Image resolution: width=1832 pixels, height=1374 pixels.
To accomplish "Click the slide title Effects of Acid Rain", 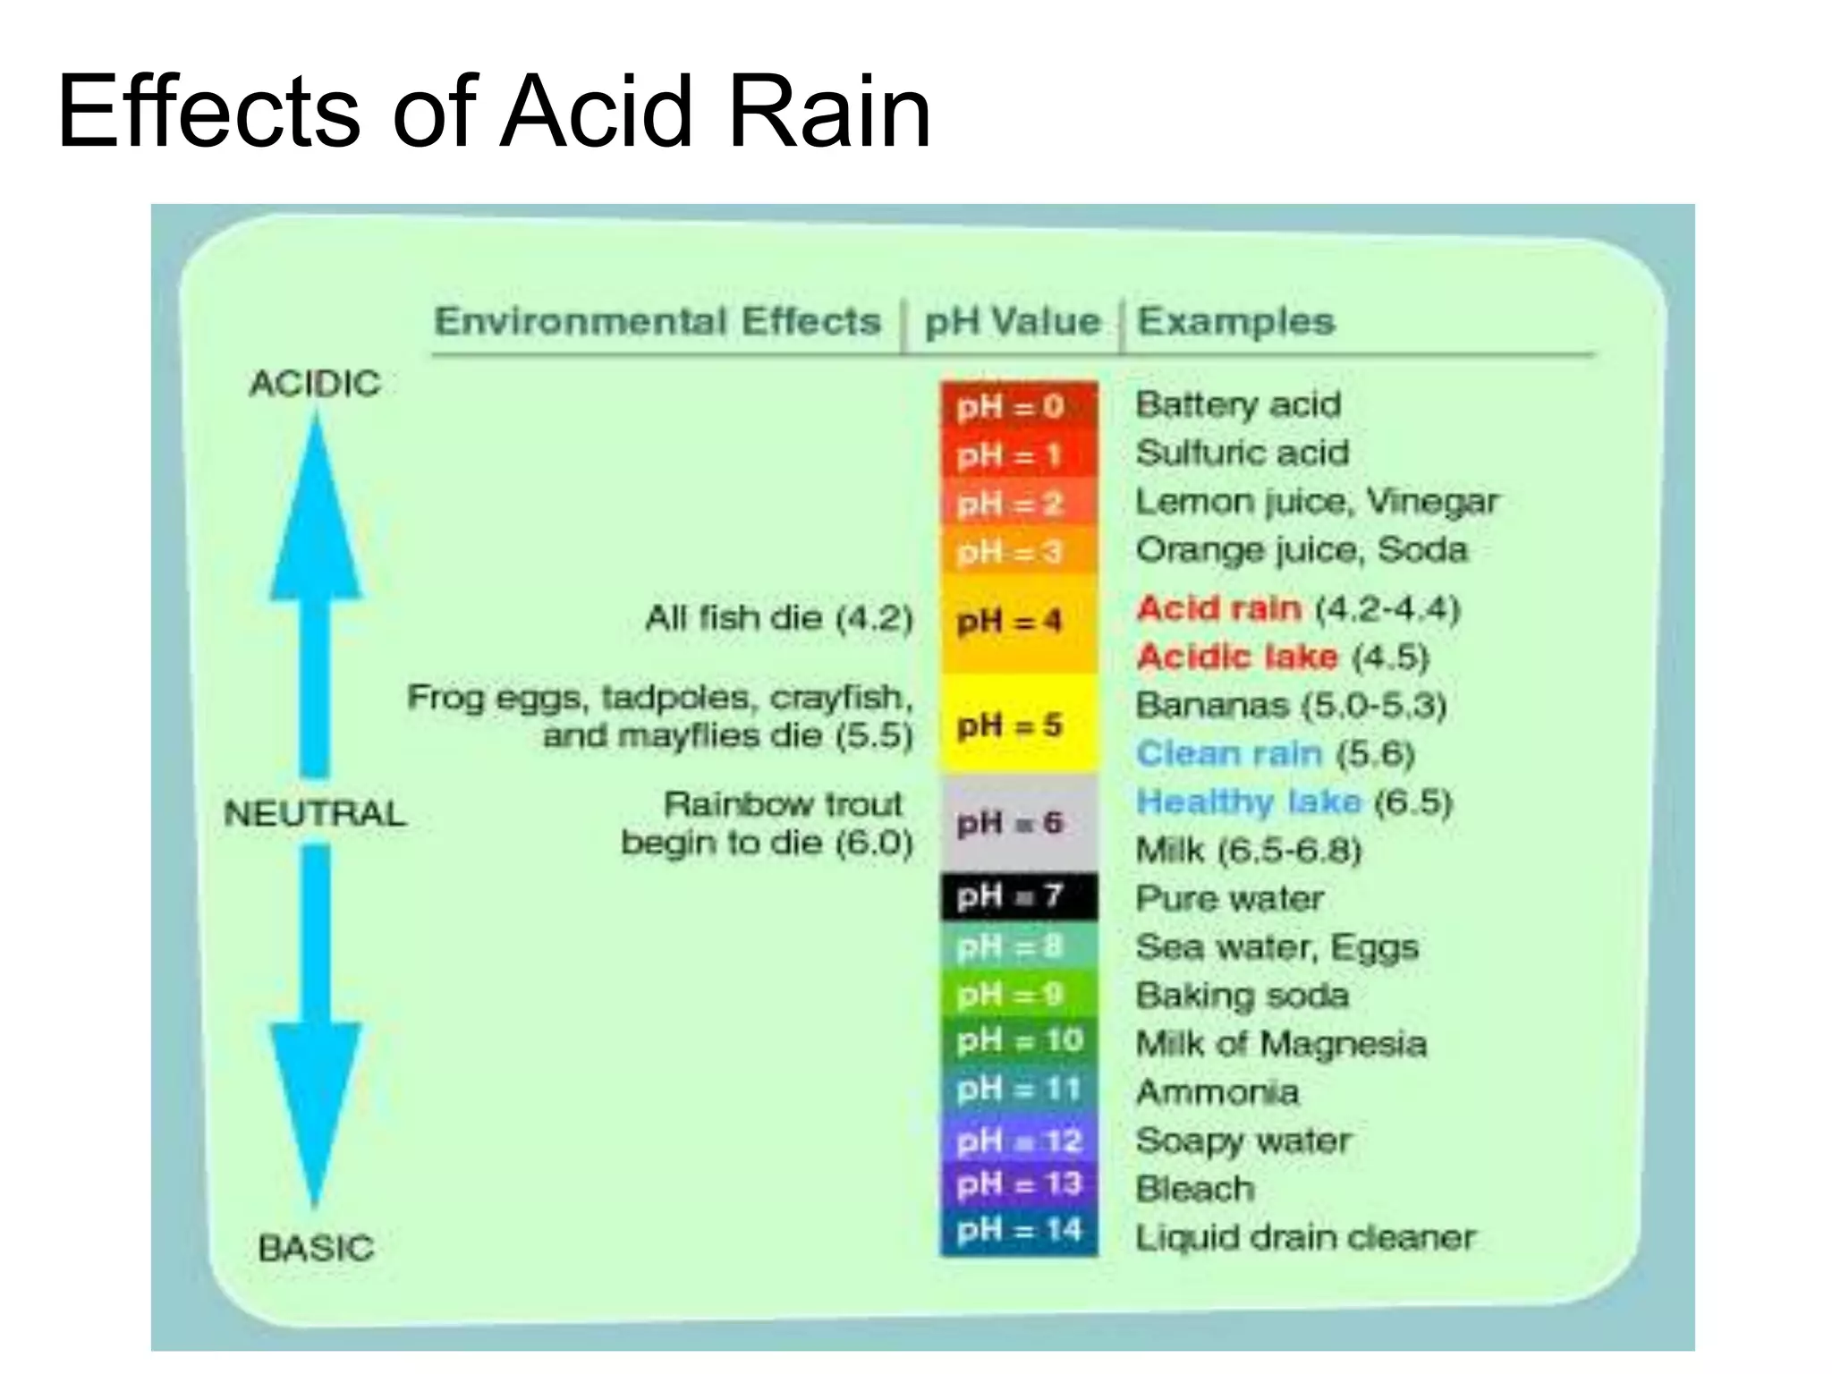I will click(x=494, y=113).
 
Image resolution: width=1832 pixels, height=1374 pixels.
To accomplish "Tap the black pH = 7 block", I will click(x=1018, y=896).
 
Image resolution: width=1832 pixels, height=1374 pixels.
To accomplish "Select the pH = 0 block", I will click(x=1018, y=407).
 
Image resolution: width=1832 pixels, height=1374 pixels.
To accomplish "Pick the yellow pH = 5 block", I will click(x=1018, y=725).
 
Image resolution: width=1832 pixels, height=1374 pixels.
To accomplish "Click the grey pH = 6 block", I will click(x=1018, y=823).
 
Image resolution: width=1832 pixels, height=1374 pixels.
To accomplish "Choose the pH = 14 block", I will click(x=1018, y=1231).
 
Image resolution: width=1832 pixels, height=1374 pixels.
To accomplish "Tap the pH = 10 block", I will click(x=1018, y=1040).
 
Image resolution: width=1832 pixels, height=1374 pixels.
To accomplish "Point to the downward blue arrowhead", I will click(x=316, y=1109).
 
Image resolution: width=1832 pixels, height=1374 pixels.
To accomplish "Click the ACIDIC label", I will click(x=316, y=384).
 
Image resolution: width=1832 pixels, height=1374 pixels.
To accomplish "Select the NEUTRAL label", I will click(x=316, y=814).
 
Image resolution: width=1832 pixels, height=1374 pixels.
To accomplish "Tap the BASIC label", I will click(x=316, y=1248).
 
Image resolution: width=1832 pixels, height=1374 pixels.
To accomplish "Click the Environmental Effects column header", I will click(x=657, y=321).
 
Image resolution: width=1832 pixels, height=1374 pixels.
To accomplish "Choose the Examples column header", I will click(x=1235, y=321).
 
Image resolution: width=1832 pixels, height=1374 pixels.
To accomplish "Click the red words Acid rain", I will click(x=1218, y=609).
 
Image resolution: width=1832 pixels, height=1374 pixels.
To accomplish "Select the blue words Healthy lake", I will click(x=1249, y=801).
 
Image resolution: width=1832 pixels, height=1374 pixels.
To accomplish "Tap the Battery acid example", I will click(x=1238, y=405).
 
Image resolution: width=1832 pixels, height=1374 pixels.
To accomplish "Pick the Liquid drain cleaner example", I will click(x=1305, y=1238).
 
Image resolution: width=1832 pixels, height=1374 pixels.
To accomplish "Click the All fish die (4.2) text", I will click(x=778, y=618).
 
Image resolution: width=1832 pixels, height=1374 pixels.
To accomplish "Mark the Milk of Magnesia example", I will click(x=1281, y=1044).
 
